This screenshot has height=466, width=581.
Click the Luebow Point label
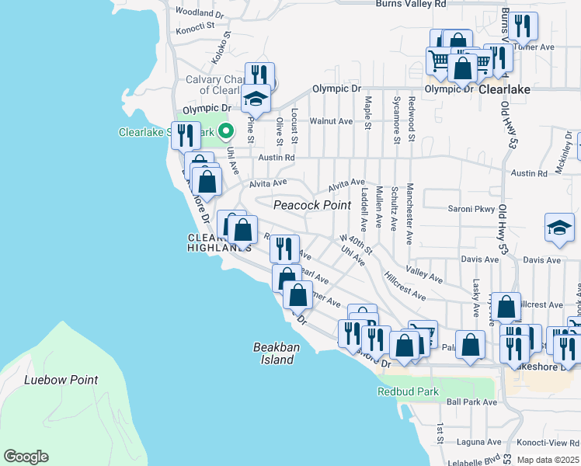[x=61, y=380]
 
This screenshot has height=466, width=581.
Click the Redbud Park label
[x=402, y=391]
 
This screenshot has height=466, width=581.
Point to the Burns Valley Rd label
[x=411, y=4]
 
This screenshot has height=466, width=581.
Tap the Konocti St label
[x=193, y=29]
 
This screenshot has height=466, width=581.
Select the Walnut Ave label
[x=332, y=121]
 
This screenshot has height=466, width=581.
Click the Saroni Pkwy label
[x=471, y=208]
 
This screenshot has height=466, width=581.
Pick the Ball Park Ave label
[x=471, y=402]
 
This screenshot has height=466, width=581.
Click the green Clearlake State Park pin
[x=226, y=131]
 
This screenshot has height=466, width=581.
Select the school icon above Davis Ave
[x=559, y=228]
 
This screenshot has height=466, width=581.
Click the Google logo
[x=26, y=457]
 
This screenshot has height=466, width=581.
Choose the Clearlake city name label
[x=504, y=89]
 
